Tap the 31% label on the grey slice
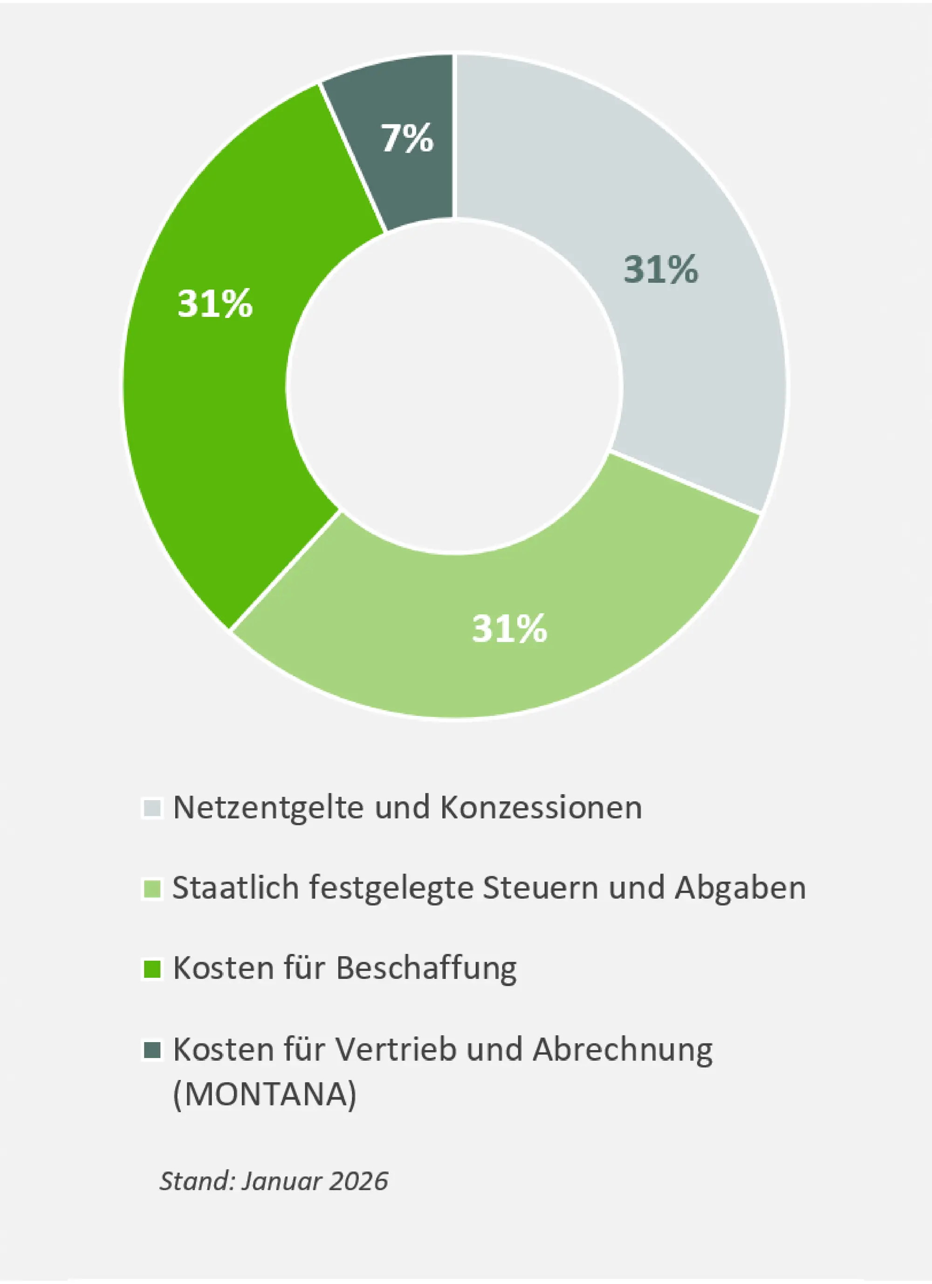[660, 269]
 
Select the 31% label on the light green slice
[510, 628]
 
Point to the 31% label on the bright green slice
[215, 304]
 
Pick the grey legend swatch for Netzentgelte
[152, 808]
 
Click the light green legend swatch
[152, 888]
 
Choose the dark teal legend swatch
[152, 1050]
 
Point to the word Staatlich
[235, 888]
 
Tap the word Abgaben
[740, 888]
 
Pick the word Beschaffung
[426, 970]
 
